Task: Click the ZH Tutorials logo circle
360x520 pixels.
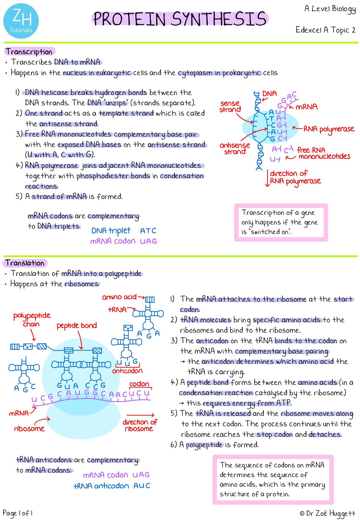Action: click(21, 21)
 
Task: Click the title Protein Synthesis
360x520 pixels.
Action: click(180, 19)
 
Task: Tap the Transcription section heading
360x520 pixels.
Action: click(29, 52)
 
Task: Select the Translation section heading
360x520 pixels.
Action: click(25, 263)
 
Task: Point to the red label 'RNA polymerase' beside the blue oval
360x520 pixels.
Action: click(329, 129)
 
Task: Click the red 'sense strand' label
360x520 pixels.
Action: click(229, 107)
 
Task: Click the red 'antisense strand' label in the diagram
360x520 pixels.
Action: click(235, 149)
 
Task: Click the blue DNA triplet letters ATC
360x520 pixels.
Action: click(148, 231)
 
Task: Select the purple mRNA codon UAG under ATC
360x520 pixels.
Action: click(148, 241)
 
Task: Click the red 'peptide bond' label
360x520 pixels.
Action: click(77, 326)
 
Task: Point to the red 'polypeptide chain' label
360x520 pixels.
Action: click(32, 320)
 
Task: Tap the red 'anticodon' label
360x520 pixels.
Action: click(127, 371)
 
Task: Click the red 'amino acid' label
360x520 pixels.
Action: click(119, 297)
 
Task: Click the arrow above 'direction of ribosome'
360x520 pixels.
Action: click(140, 415)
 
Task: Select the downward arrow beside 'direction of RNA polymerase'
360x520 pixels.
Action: click(267, 179)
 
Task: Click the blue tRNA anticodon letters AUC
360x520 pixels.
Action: click(142, 485)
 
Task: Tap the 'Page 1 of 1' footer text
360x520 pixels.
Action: click(17, 513)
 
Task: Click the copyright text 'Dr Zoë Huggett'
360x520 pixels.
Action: click(328, 514)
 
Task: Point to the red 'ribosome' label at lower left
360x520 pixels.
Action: click(29, 428)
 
